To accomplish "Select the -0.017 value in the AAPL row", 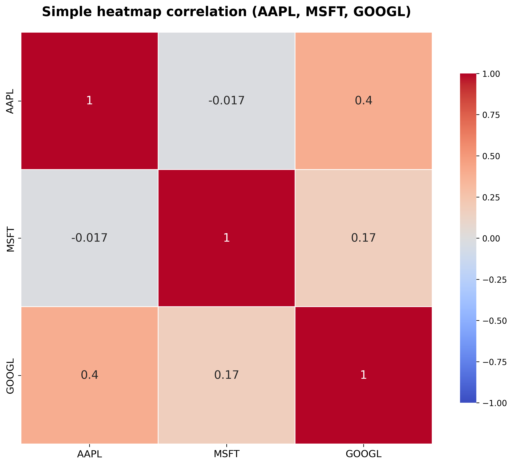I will (226, 101).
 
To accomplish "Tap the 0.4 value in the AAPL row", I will (363, 101).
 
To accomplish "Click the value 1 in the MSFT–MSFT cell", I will (226, 238).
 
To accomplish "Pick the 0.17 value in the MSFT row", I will (363, 238).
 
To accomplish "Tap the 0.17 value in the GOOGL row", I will (226, 375).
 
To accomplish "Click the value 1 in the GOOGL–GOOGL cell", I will (363, 375).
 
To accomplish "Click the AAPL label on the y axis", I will (10, 101).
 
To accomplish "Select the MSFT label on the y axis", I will (10, 238).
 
